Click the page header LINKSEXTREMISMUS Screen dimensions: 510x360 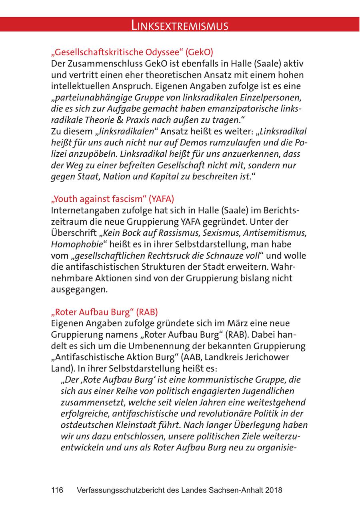[x=180, y=26]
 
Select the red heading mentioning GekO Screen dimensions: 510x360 [x=132, y=52]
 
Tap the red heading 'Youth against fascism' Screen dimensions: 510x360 [x=113, y=199]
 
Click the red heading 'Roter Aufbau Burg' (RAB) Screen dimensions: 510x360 [x=107, y=311]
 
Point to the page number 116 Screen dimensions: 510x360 [x=57, y=490]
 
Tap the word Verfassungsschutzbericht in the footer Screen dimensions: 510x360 [x=121, y=490]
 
